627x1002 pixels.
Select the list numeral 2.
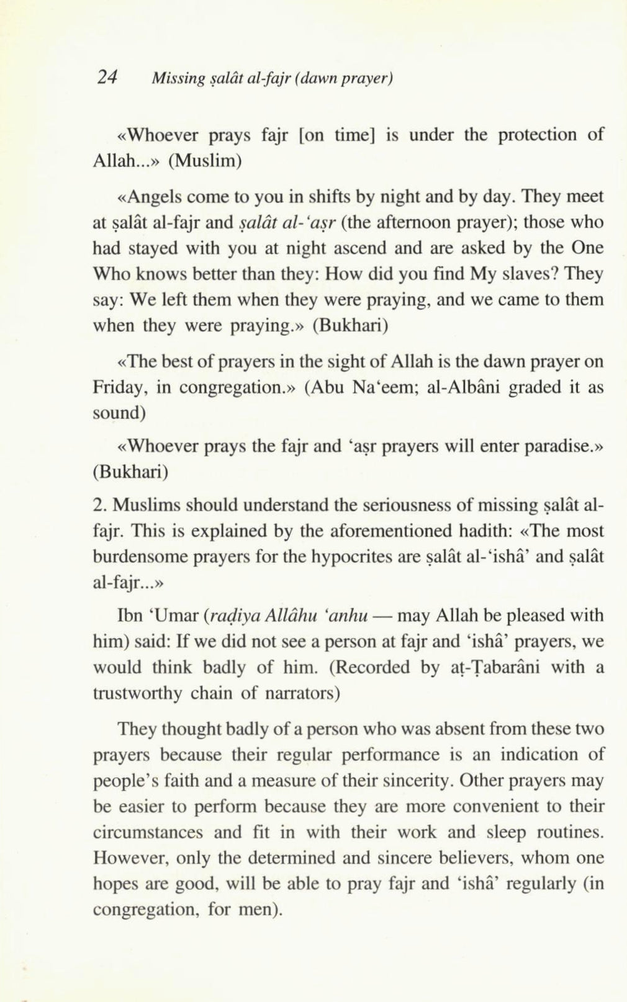tap(97, 506)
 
